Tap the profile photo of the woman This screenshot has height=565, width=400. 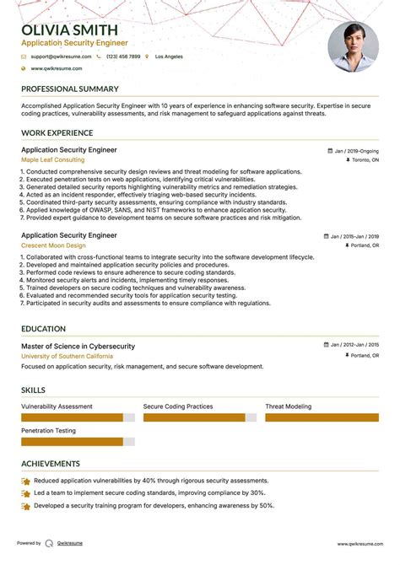point(353,46)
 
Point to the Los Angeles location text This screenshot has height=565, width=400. point(170,56)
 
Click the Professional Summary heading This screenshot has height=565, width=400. point(69,89)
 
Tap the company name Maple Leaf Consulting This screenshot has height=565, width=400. point(52,159)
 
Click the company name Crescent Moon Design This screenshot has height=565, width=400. point(54,245)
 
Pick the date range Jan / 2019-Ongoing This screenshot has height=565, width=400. point(355,151)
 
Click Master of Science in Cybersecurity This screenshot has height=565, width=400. point(78,347)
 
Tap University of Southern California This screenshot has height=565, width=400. point(73,357)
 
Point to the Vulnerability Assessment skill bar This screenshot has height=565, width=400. point(72,417)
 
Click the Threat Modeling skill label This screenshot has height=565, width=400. point(289,406)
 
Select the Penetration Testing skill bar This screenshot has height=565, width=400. point(72,441)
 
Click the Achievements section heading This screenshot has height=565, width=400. point(51,463)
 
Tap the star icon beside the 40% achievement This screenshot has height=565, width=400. point(26,481)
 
